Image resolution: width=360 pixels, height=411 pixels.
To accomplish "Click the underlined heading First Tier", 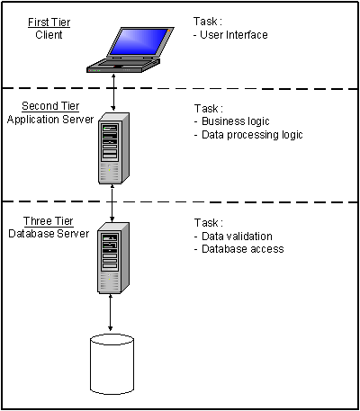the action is click(49, 22).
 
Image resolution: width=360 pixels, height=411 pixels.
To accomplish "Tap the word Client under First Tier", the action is click(49, 35).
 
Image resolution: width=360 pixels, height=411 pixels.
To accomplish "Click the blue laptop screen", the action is click(139, 41).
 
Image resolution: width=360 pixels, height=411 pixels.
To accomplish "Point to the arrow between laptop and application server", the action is click(113, 92).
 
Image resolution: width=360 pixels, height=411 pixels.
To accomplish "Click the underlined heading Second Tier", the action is click(50, 106).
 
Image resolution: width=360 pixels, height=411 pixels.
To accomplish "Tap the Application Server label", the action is click(50, 120).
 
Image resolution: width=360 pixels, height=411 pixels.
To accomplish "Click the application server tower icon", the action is click(113, 148).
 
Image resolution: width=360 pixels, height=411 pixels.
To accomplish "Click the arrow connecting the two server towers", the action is click(112, 203).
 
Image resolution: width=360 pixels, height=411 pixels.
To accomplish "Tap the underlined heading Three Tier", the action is click(49, 221).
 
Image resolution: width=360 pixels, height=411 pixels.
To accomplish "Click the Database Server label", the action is click(49, 234).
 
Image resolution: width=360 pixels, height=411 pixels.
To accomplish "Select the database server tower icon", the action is click(113, 258).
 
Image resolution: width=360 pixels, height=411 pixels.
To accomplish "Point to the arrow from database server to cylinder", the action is click(111, 312).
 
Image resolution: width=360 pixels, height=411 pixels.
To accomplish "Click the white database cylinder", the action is click(112, 364).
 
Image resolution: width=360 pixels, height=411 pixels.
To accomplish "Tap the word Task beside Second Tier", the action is click(206, 108).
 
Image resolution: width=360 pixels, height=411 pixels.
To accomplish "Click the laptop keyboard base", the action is click(123, 65).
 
